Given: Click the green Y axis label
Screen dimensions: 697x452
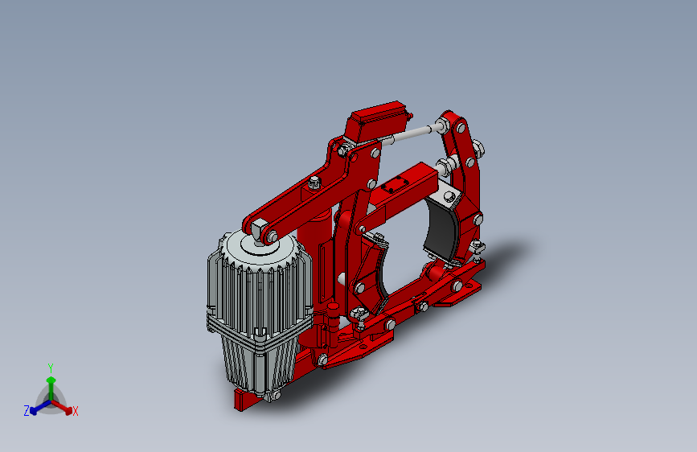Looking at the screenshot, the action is (51, 368).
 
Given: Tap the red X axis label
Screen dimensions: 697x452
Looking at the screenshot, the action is (75, 412).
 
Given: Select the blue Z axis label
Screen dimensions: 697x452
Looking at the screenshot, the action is (27, 411).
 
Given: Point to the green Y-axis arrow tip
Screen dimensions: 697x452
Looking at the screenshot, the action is (51, 380).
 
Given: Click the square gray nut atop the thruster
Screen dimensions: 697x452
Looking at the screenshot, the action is (258, 231).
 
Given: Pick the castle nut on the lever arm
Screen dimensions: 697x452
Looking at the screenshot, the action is (314, 182).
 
